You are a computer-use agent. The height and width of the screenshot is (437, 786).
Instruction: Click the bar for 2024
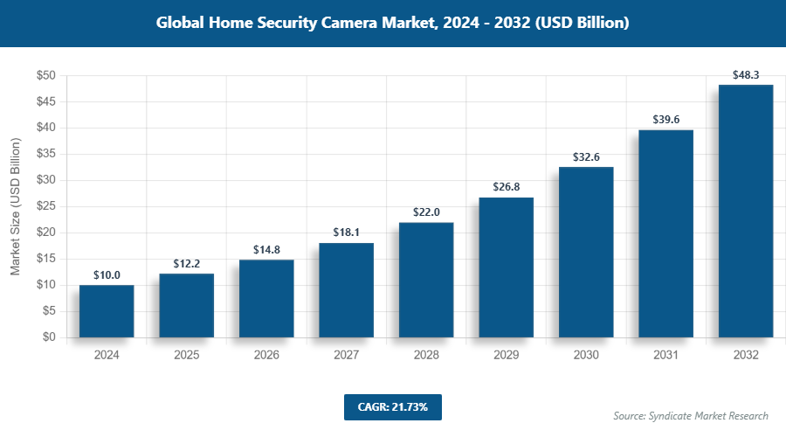(107, 311)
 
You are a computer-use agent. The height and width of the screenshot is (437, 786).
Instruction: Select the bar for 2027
(346, 290)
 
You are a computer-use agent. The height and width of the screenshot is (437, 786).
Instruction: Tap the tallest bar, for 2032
(745, 211)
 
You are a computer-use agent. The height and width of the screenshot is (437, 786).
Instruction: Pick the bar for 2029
(506, 267)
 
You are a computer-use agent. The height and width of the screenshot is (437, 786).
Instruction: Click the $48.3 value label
(745, 75)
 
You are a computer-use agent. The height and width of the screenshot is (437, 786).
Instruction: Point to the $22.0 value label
(426, 212)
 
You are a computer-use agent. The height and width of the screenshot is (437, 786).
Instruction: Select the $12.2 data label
(186, 264)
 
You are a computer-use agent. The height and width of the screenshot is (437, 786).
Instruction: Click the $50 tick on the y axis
(46, 76)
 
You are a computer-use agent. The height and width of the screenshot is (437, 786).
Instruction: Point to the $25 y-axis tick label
(46, 206)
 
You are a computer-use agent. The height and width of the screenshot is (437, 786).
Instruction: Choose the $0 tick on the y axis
(50, 337)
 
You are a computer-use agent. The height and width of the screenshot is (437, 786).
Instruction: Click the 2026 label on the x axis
(266, 356)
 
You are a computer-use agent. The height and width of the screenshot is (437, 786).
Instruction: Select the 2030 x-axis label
(586, 356)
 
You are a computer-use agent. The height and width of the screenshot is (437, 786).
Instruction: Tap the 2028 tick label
(426, 356)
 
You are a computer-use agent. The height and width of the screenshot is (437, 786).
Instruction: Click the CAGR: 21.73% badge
(392, 406)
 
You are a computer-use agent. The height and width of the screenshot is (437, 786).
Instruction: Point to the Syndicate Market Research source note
(691, 415)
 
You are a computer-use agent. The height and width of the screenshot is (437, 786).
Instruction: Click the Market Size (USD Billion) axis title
(15, 206)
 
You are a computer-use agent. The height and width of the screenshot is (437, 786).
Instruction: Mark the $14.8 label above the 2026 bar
(266, 250)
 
